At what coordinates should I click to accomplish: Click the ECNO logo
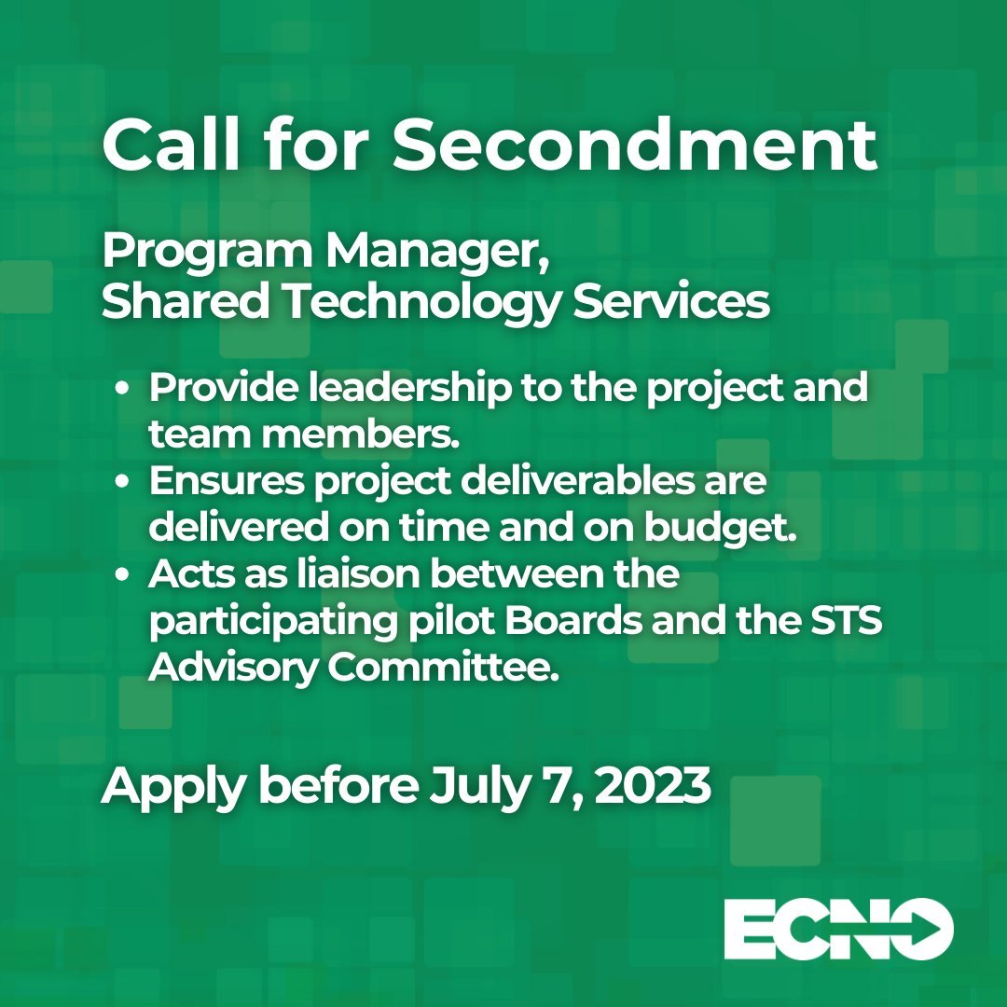coord(838,928)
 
